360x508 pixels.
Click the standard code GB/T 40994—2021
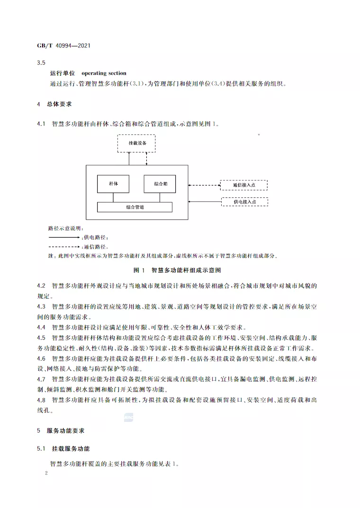(x=63, y=46)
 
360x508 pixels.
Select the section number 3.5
(x=41, y=63)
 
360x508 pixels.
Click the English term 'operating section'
(x=104, y=73)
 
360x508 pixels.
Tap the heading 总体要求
(x=59, y=104)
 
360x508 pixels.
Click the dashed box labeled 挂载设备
(x=137, y=143)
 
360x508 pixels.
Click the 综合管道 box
(x=135, y=207)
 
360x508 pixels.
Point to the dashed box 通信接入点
(x=244, y=185)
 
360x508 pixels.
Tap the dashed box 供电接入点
(x=244, y=202)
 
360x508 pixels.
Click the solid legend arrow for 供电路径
(x=64, y=237)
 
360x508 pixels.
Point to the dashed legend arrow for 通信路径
(x=64, y=247)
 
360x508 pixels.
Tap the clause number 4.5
(x=41, y=338)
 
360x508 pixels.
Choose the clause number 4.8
(x=41, y=400)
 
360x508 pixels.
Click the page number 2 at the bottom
(x=46, y=472)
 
